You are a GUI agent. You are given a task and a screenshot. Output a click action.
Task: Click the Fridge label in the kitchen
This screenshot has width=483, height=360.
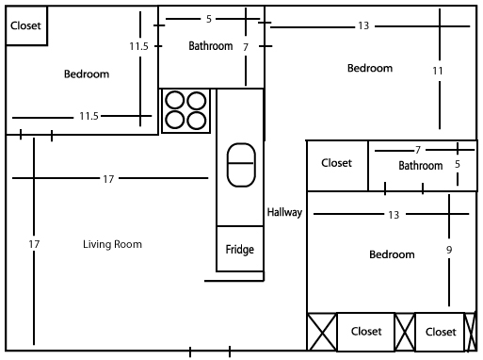pos(239,250)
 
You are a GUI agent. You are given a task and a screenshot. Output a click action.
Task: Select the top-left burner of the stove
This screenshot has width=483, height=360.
pos(174,100)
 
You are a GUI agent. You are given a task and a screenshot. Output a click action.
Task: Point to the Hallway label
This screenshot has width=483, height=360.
pos(284,213)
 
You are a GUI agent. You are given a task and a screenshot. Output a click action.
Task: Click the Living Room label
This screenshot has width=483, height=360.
pos(112,244)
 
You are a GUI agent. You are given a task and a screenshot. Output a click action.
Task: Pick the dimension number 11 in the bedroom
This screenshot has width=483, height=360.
pos(438,71)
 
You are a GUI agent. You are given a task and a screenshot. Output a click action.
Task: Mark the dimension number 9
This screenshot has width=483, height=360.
pos(449,250)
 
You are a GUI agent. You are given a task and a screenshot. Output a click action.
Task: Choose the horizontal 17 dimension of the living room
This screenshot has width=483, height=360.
pos(109,178)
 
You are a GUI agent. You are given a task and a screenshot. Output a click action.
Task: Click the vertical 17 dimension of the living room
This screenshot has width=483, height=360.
pos(35,244)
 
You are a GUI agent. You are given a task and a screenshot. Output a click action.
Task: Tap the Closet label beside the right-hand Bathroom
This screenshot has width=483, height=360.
pos(336,163)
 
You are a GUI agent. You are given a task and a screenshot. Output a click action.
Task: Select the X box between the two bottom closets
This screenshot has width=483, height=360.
pos(405,332)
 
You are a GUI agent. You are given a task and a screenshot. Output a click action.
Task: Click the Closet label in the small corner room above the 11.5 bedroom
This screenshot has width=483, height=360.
pos(25,26)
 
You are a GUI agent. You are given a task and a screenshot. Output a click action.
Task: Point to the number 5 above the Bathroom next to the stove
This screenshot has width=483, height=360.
pos(208,18)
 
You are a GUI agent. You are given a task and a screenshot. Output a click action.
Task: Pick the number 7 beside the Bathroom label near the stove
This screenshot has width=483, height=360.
pos(246,46)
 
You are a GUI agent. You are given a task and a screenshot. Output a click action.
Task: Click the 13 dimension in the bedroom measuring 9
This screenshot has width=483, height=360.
pos(394,215)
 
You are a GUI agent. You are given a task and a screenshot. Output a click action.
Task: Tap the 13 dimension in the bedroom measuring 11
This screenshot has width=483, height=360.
pos(363,25)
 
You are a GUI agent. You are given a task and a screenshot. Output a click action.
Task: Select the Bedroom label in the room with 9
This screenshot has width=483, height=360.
pos(392,254)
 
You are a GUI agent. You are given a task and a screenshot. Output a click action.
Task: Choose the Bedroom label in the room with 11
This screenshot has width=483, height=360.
pos(369,68)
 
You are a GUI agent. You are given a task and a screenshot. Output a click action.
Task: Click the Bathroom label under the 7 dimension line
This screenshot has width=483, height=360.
pos(420,166)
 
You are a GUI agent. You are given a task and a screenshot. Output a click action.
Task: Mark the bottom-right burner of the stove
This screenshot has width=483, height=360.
pos(196,120)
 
